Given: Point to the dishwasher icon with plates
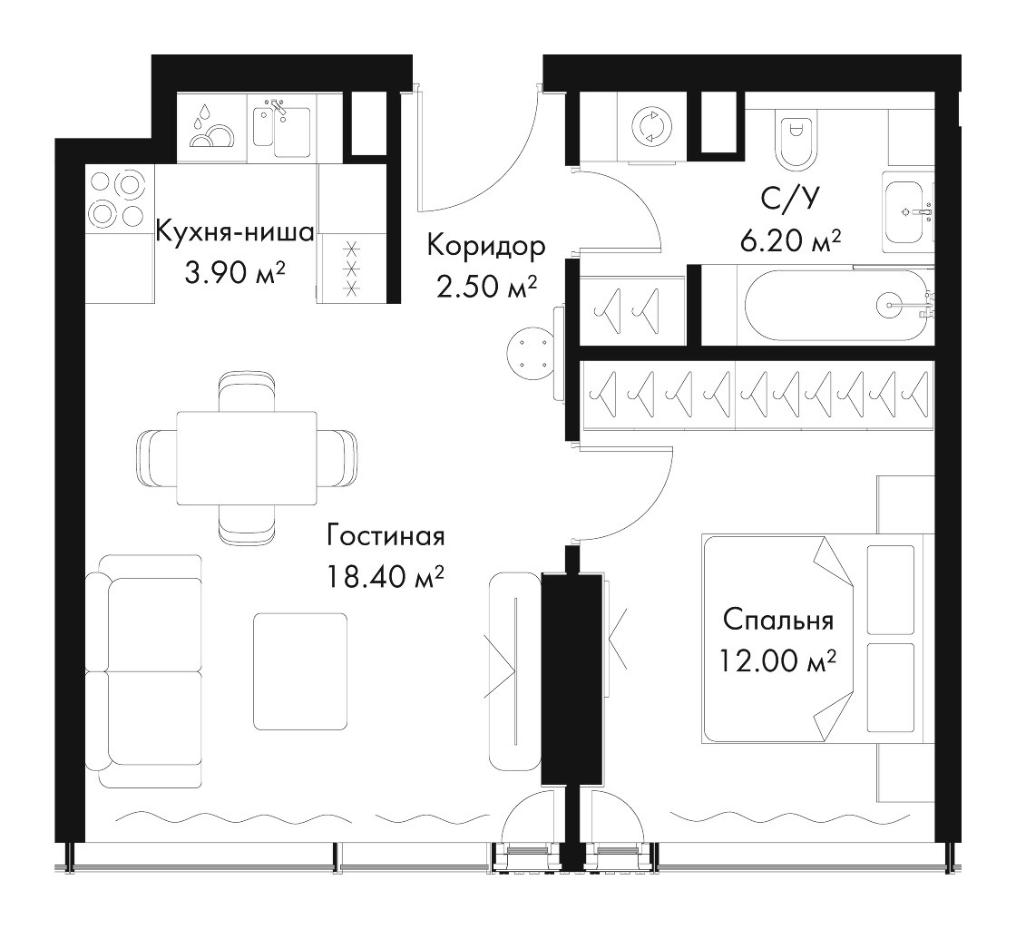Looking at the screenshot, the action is pos(211,127).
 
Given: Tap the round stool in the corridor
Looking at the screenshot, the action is pos(531,352).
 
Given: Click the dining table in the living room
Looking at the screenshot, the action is pos(247,456).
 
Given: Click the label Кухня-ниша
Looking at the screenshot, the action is pos(235,232).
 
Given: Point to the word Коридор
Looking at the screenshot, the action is pos(486,246).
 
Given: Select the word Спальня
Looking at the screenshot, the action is pos(777,620).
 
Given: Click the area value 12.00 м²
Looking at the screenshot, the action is pos(777,660).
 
